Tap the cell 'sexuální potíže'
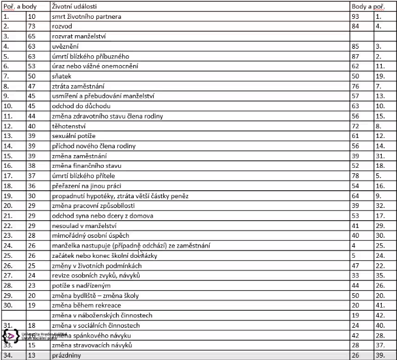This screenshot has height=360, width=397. [74, 135]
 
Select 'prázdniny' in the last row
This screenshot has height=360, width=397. [66, 355]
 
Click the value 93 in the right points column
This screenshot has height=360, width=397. [356, 16]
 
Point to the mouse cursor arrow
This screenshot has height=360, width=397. [140, 251]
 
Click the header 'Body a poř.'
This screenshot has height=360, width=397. [367, 6]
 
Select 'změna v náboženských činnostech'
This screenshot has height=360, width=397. [102, 316]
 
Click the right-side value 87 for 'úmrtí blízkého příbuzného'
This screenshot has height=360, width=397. [356, 56]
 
